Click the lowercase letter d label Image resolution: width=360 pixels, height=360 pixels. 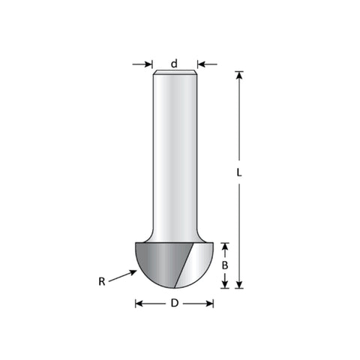tap(174, 64)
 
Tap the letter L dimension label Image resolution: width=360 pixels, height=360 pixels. tap(239, 172)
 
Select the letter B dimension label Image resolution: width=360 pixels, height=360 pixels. tap(225, 265)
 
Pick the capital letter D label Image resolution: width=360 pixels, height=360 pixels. tap(175, 304)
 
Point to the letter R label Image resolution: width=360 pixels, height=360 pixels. tap(102, 281)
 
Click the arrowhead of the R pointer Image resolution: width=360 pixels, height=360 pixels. tap(133, 272)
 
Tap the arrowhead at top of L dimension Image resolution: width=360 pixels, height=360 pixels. tap(239, 76)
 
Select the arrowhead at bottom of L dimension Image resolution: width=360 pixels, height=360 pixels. tap(239, 284)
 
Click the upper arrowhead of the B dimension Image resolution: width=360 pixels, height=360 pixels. tap(225, 247)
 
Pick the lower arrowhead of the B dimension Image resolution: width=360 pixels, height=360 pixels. tap(225, 284)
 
